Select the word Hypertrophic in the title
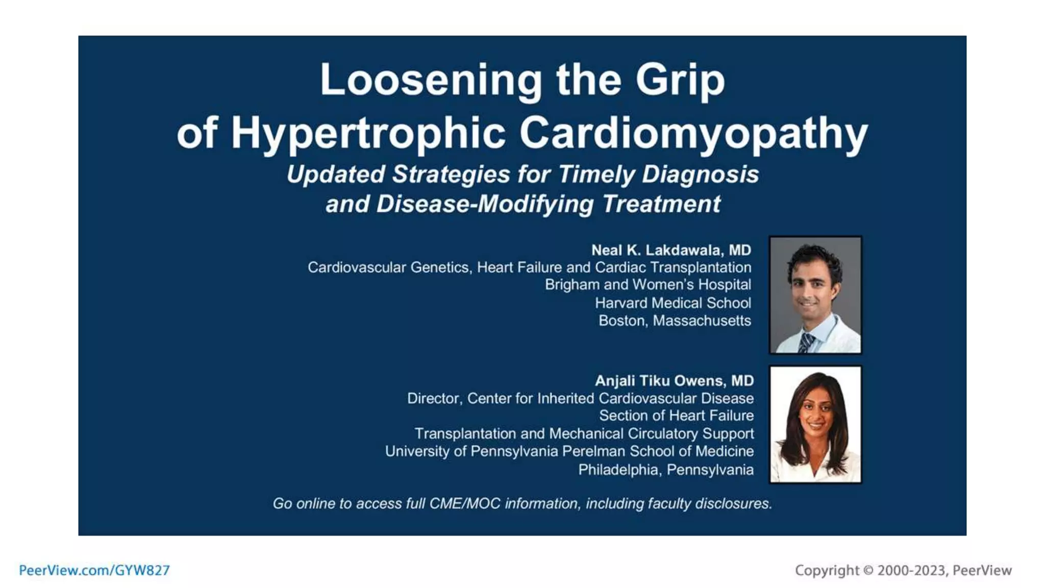pyautogui.click(x=368, y=133)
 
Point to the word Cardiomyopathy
pyautogui.click(x=693, y=133)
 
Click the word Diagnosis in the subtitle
pyautogui.click(x=700, y=174)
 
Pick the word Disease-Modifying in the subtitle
pyautogui.click(x=485, y=204)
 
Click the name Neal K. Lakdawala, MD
pyautogui.click(x=671, y=250)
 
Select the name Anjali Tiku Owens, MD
pyautogui.click(x=674, y=381)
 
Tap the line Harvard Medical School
pyautogui.click(x=673, y=303)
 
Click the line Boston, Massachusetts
pyautogui.click(x=675, y=321)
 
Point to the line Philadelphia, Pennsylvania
pyautogui.click(x=665, y=470)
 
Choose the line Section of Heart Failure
pyautogui.click(x=676, y=415)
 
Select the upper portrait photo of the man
pyautogui.click(x=815, y=295)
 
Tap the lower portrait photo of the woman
pyautogui.click(x=815, y=424)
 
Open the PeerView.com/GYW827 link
pyautogui.click(x=94, y=570)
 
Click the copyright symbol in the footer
pyautogui.click(x=868, y=570)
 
